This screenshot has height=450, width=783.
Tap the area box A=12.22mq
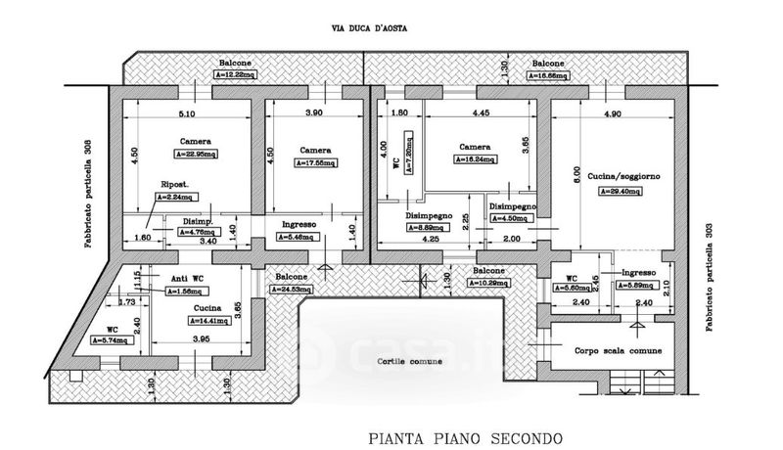(238, 74)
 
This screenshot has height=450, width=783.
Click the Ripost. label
(174, 184)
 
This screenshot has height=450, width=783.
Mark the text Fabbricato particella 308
(87, 193)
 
